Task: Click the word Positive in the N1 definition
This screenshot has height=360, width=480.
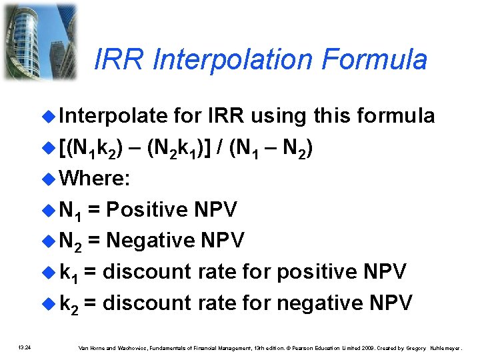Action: coord(147,210)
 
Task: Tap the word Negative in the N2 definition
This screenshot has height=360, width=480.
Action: coord(153,241)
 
